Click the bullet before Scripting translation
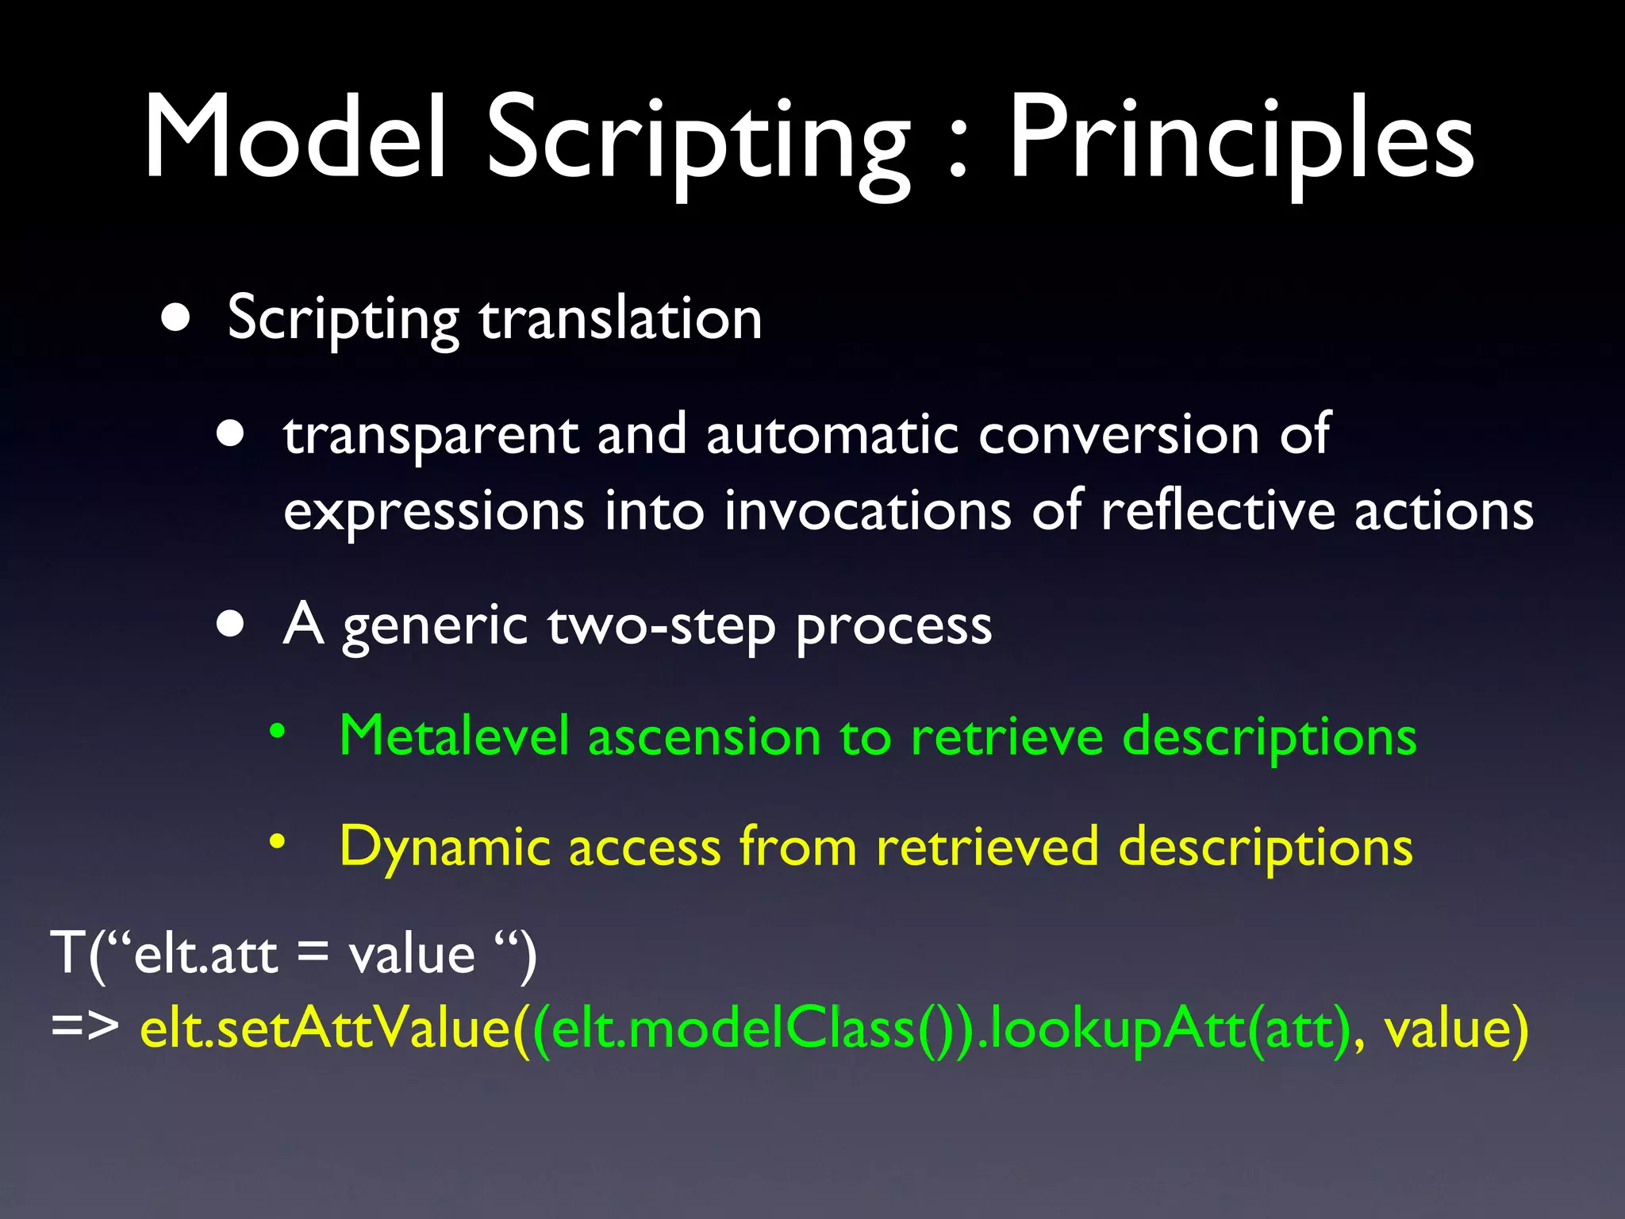175,318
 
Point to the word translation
620,318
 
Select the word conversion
1119,435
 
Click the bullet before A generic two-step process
231,625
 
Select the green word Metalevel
454,736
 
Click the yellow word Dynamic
444,847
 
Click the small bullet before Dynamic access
276,841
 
